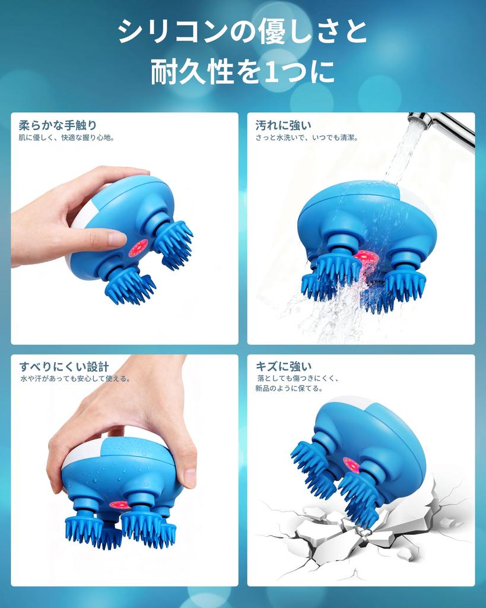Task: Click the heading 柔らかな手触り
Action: (x=58, y=125)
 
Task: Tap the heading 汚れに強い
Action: (x=283, y=125)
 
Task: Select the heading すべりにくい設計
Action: (x=64, y=366)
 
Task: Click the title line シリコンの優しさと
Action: (x=243, y=31)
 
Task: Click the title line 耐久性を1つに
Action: (x=243, y=72)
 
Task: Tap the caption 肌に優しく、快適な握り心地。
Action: (x=66, y=138)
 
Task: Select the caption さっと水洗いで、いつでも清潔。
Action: (x=307, y=138)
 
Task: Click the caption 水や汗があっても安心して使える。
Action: (x=75, y=379)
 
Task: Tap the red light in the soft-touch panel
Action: (x=138, y=248)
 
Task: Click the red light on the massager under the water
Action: (x=366, y=257)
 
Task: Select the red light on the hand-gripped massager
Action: (x=119, y=505)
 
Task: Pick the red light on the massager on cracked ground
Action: (x=351, y=464)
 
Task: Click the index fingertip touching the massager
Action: (x=116, y=239)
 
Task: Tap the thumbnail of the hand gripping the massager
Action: (x=189, y=476)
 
